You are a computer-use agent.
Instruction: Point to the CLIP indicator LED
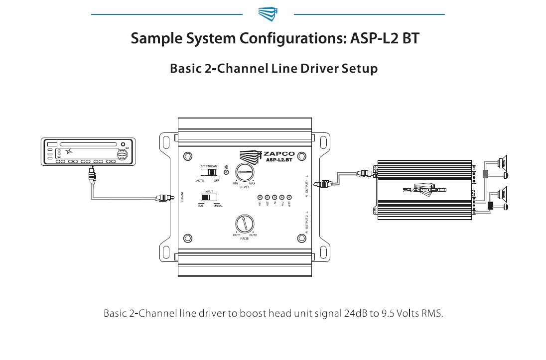tap(289, 197)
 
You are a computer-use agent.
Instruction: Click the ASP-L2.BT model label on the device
tap(279, 160)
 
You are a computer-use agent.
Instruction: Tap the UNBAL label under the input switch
tap(218, 206)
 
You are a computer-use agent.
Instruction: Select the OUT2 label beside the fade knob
tap(253, 235)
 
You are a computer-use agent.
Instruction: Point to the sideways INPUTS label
tap(182, 197)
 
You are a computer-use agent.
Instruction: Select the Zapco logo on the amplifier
tap(424, 190)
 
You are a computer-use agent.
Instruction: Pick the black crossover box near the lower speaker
tap(491, 206)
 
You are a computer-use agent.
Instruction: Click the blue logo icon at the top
tap(268, 14)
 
